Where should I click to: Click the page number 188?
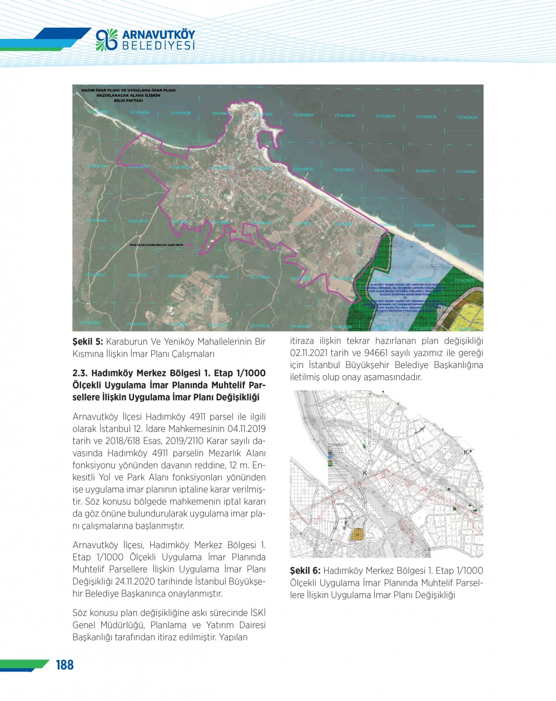click(64, 665)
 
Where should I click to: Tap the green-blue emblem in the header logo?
click(107, 39)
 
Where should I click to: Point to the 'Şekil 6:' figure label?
click(305, 570)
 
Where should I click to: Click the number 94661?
click(399, 353)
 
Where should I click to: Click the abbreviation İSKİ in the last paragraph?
click(255, 613)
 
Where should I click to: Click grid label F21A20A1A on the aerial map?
click(385, 117)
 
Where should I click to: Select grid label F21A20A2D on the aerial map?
click(466, 172)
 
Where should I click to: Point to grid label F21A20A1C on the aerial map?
click(425, 171)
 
